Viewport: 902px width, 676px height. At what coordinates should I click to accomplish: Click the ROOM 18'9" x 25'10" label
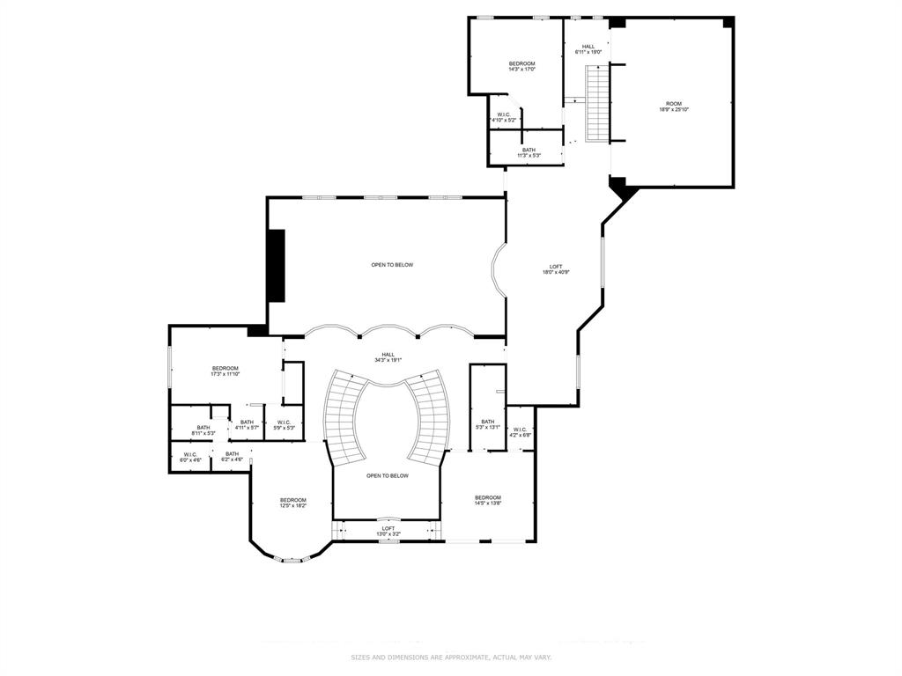(673, 107)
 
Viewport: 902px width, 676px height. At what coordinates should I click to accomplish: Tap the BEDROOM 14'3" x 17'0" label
(521, 66)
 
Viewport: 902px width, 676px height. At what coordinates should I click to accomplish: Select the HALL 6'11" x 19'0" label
(588, 49)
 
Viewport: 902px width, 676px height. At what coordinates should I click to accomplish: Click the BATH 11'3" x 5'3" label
(529, 152)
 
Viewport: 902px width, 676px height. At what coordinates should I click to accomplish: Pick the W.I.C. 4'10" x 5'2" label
(504, 116)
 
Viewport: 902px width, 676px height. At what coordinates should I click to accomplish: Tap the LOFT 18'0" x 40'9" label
(556, 269)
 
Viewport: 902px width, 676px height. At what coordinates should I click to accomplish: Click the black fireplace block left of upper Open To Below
(277, 267)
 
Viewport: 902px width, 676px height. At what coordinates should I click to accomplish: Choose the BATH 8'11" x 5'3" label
(203, 430)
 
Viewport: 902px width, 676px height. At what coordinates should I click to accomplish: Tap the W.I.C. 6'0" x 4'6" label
(191, 457)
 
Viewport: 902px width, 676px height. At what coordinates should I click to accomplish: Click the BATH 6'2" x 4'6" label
(232, 456)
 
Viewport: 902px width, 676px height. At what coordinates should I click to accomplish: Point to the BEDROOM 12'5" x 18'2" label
(292, 503)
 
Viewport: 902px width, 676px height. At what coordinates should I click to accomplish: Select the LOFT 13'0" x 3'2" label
(388, 531)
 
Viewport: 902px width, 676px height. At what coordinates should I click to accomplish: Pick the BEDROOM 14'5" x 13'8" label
(487, 500)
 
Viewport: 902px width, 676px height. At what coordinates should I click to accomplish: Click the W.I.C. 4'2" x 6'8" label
(520, 432)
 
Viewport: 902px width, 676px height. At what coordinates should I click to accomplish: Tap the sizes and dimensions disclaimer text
(451, 658)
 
